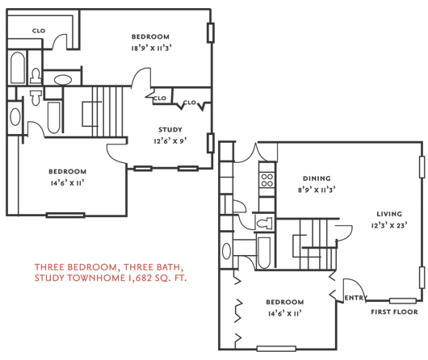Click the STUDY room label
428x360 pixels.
[x=170, y=129]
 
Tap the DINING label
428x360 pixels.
[x=317, y=178]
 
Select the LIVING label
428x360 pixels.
[x=389, y=214]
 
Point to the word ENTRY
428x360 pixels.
[x=356, y=298]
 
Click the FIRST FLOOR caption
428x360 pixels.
[x=394, y=312]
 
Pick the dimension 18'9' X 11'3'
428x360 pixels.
[x=151, y=48]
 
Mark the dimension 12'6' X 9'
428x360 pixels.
[x=170, y=141]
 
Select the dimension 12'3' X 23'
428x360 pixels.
[x=389, y=225]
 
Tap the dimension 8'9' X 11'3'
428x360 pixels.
[x=317, y=190]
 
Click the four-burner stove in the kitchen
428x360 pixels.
[x=267, y=180]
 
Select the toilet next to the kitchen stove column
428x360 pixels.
[x=265, y=224]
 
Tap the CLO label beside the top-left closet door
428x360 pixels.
[x=39, y=31]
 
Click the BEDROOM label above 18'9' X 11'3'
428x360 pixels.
[x=150, y=36]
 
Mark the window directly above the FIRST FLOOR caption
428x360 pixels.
[x=403, y=301]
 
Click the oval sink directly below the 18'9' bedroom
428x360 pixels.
[x=63, y=80]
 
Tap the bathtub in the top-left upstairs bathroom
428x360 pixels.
[x=18, y=68]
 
